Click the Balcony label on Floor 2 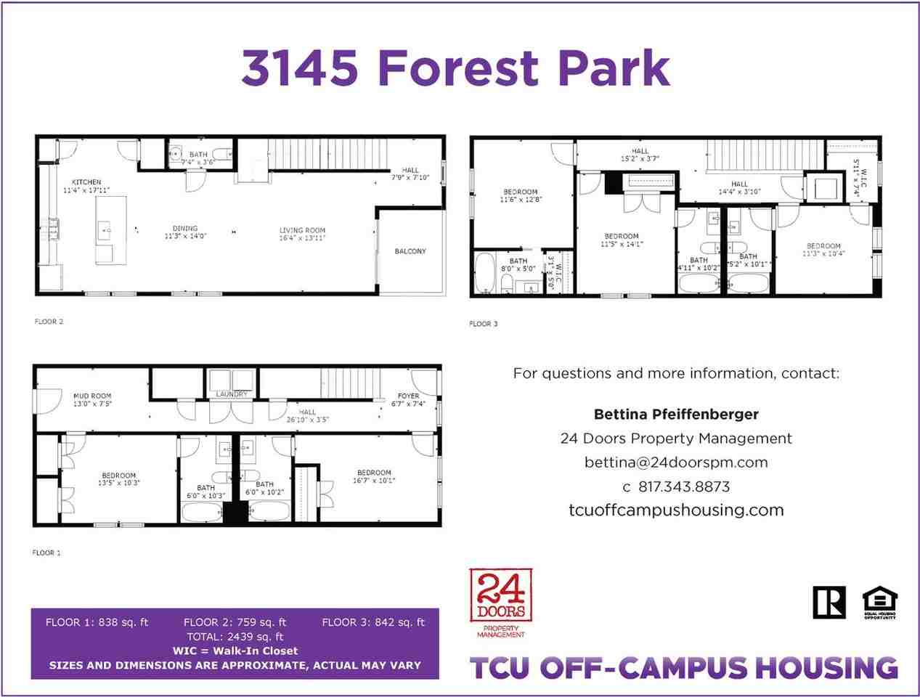click(x=410, y=251)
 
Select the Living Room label click(x=302, y=231)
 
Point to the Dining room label click(x=185, y=228)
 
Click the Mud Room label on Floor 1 click(x=92, y=396)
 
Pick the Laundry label click(x=232, y=394)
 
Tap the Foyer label click(x=408, y=396)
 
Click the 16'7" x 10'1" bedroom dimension click(x=374, y=481)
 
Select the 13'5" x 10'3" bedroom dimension click(x=118, y=483)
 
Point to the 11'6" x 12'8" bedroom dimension click(x=521, y=200)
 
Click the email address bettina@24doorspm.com click(x=675, y=462)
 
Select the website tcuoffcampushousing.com click(x=675, y=510)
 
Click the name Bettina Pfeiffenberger click(x=675, y=415)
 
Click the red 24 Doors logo click(x=501, y=596)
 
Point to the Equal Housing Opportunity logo click(x=879, y=603)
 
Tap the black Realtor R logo click(x=829, y=602)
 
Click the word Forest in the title click(x=458, y=67)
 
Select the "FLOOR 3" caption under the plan click(x=484, y=324)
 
